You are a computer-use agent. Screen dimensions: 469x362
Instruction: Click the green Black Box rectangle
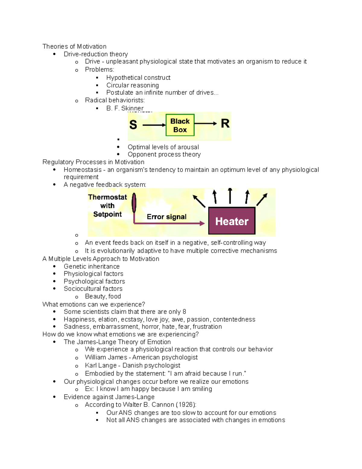click(180, 125)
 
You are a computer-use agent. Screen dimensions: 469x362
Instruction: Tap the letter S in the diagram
click(133, 125)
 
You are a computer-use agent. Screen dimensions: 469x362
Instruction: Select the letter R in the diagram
click(225, 123)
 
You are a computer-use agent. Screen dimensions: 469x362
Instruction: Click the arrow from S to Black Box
click(154, 125)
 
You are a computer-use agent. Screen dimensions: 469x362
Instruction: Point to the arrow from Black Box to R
click(205, 123)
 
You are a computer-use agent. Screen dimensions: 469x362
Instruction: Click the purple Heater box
click(232, 221)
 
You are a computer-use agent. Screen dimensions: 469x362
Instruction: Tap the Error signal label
click(167, 217)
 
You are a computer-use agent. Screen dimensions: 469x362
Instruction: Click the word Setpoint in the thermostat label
click(107, 214)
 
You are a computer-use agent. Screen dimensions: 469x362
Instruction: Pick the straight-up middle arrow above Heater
click(230, 196)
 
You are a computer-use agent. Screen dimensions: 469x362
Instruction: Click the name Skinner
click(132, 108)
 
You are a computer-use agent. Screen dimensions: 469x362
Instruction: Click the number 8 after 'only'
click(184, 312)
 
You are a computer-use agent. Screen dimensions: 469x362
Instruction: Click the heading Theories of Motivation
click(74, 47)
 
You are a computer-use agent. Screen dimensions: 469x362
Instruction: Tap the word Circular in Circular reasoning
click(118, 85)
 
